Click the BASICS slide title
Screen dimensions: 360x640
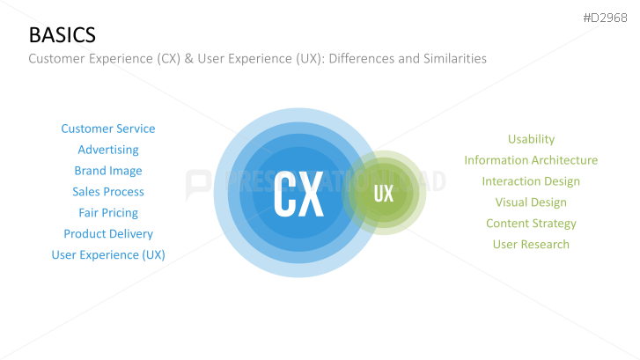(x=63, y=35)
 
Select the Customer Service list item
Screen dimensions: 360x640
(x=108, y=129)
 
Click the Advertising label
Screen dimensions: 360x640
(x=108, y=150)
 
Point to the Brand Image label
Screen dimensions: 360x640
(x=108, y=171)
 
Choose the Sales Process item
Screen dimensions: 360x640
(x=108, y=192)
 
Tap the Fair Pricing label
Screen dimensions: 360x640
(x=108, y=213)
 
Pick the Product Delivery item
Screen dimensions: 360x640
(x=108, y=234)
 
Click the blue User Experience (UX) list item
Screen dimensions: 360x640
(x=108, y=255)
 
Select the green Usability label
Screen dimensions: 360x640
(x=531, y=139)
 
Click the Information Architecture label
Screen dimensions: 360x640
(x=531, y=160)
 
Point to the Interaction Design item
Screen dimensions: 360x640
(x=531, y=181)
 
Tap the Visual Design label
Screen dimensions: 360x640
(x=531, y=202)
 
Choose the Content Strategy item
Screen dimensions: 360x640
(x=531, y=224)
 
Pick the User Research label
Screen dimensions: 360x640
(x=531, y=245)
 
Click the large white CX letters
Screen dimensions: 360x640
(x=298, y=195)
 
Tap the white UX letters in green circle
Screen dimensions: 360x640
(x=384, y=194)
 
